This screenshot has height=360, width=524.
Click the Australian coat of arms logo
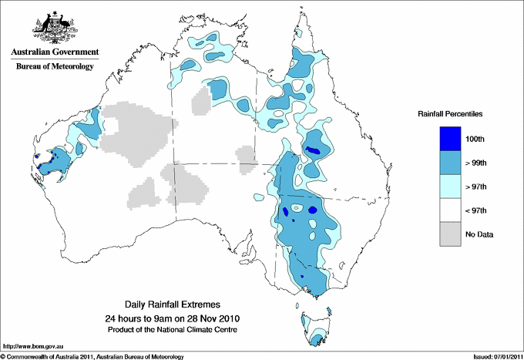coord(55,28)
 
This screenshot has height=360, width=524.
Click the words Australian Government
coord(55,52)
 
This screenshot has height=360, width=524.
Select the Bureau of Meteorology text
coord(55,66)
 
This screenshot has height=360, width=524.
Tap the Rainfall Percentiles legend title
coord(450,113)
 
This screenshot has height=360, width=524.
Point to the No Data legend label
coord(489,234)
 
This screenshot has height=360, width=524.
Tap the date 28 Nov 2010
coord(213,318)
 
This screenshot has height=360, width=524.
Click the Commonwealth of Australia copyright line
coord(92,356)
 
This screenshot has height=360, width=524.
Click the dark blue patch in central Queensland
coord(313,151)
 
